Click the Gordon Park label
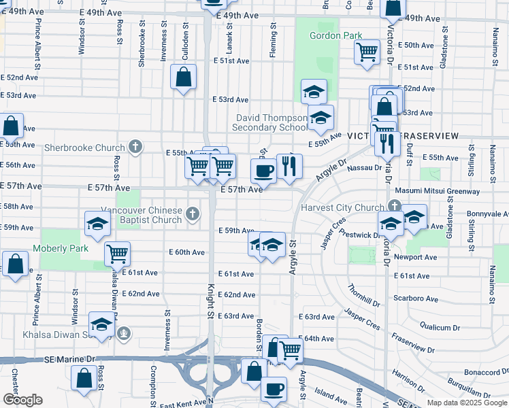(335, 35)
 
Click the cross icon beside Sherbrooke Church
(136, 147)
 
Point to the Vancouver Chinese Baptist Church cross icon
(193, 215)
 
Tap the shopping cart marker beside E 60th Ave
(118, 254)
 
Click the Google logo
(22, 400)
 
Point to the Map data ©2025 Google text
(466, 403)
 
